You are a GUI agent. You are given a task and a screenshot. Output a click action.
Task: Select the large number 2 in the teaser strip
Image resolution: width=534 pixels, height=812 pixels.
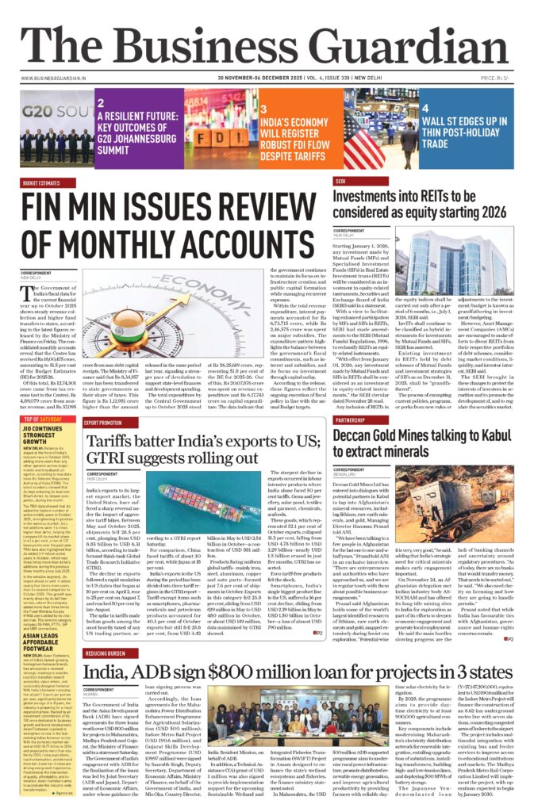(101, 102)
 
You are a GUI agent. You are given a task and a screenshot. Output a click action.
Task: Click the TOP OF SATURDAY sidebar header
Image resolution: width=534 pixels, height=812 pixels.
(43, 419)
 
